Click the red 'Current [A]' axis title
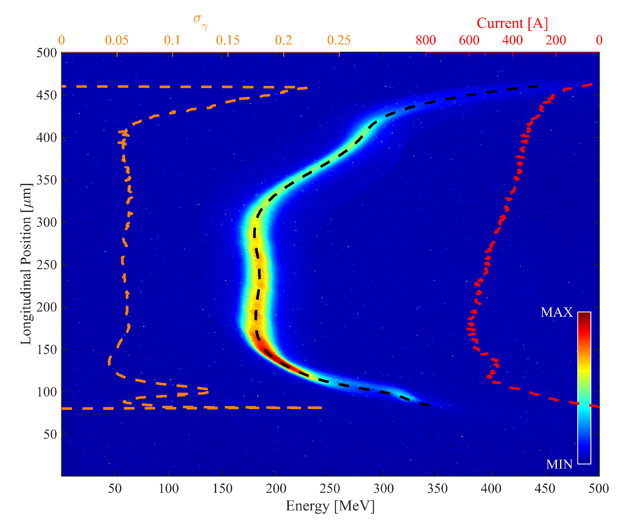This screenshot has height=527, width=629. pyautogui.click(x=512, y=23)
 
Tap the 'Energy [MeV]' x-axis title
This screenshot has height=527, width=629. pyautogui.click(x=330, y=506)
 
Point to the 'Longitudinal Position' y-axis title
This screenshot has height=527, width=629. pyautogui.click(x=26, y=264)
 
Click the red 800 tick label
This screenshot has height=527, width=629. pyautogui.click(x=426, y=40)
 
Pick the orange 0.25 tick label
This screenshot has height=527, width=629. pyautogui.click(x=339, y=40)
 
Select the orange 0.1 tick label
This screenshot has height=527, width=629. pyautogui.click(x=172, y=40)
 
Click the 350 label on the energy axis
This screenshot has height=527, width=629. pyautogui.click(x=437, y=488)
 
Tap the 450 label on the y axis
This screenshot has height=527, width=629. pyautogui.click(x=47, y=95)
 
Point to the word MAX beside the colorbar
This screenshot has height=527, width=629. pyautogui.click(x=557, y=312)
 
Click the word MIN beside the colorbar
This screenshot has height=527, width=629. pyautogui.click(x=559, y=464)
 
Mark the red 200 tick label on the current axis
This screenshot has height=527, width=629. pyautogui.click(x=556, y=40)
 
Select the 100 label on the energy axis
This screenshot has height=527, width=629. pyautogui.click(x=169, y=488)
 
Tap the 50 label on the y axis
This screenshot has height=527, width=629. pyautogui.click(x=50, y=434)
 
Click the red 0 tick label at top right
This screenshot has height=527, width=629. pyautogui.click(x=599, y=40)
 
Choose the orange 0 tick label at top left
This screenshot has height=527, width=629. pyautogui.click(x=62, y=40)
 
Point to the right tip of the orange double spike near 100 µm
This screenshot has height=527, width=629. pyautogui.click(x=208, y=391)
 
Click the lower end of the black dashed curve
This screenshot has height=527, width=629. pyautogui.click(x=428, y=405)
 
